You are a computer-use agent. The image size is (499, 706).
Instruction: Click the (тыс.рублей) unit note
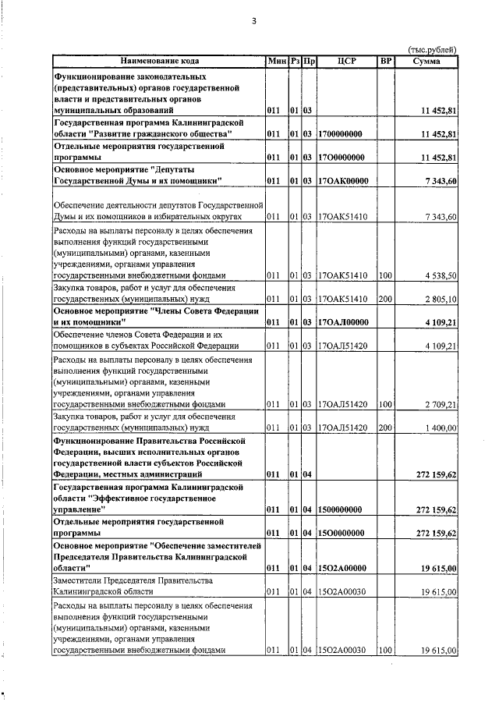click(x=432, y=51)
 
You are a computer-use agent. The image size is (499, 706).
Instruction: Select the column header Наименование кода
click(x=159, y=61)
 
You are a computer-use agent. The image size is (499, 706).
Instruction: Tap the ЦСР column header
click(x=347, y=61)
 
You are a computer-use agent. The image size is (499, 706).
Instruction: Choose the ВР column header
click(x=385, y=61)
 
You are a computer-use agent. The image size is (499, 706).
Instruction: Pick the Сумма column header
click(x=427, y=61)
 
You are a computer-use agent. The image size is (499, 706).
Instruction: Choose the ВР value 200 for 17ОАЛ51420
click(x=385, y=428)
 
